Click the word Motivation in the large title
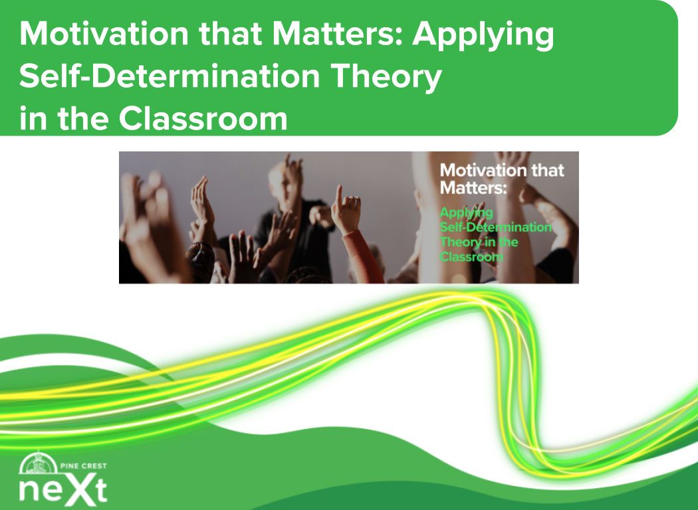click(104, 35)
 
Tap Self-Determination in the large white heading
click(170, 76)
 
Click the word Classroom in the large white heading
click(203, 119)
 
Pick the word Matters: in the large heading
click(338, 35)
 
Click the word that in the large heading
click(231, 35)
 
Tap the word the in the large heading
click(83, 119)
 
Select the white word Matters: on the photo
click(473, 188)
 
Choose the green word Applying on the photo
click(466, 213)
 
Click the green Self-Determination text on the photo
click(495, 227)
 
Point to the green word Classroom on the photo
click(471, 257)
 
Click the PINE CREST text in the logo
click(83, 466)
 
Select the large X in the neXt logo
click(80, 490)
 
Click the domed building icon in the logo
click(39, 463)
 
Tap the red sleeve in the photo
click(364, 258)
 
